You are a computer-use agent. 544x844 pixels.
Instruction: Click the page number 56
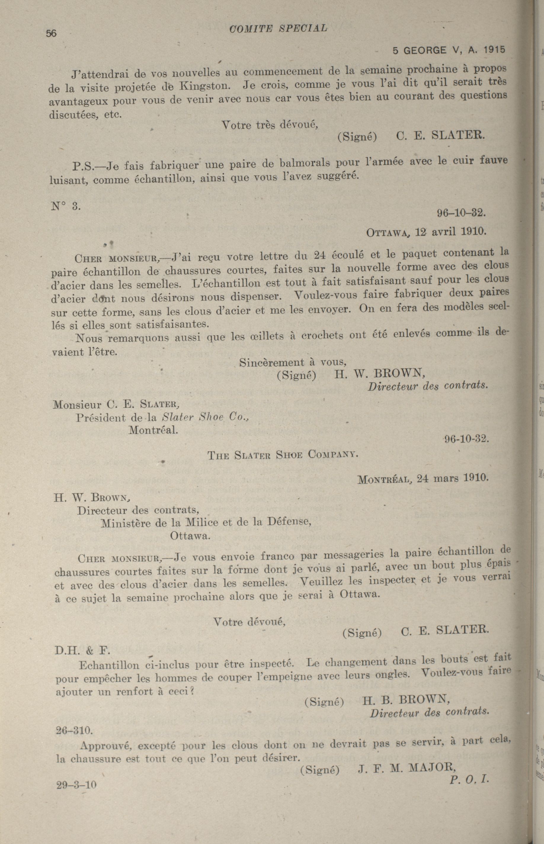coord(51,33)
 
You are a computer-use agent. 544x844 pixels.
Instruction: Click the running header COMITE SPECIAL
coord(278,29)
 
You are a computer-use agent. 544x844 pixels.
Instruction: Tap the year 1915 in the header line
coord(494,50)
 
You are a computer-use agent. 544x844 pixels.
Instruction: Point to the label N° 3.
coord(66,206)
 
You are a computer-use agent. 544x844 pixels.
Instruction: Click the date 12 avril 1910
coord(451,232)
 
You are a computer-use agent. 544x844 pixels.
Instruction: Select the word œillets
coord(265,336)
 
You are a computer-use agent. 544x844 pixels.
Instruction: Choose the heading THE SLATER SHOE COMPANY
coord(283,455)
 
